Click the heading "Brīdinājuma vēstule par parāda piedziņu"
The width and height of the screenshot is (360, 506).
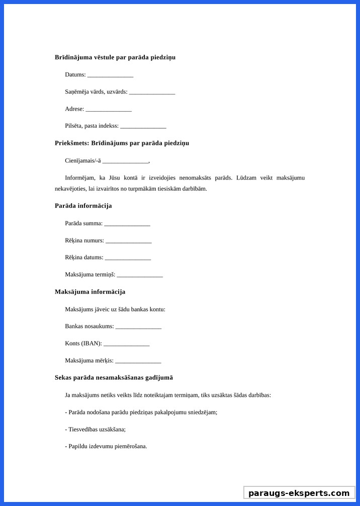tap(115, 57)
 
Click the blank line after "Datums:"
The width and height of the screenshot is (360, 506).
tap(110, 75)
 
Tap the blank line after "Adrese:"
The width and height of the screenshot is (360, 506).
tap(109, 109)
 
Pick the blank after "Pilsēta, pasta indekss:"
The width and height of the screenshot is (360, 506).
tap(143, 126)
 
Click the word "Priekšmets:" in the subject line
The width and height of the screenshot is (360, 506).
tap(71, 143)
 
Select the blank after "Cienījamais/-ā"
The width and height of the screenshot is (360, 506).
tap(126, 161)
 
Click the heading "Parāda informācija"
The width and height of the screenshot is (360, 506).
tap(83, 206)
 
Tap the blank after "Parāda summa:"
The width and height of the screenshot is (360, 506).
tap(127, 223)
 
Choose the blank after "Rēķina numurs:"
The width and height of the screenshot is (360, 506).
tap(129, 241)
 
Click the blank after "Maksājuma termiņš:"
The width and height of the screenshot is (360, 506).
tap(140, 275)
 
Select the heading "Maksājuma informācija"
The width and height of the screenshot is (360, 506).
tap(90, 292)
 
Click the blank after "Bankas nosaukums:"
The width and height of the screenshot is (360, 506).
tap(138, 326)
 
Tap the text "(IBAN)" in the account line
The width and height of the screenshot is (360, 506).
tap(92, 344)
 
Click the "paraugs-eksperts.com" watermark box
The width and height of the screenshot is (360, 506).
tap(299, 493)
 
